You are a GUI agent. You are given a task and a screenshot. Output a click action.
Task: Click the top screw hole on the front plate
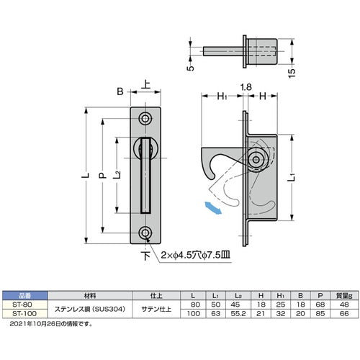point(146,118)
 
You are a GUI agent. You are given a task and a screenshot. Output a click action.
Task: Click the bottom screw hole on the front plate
point(146,233)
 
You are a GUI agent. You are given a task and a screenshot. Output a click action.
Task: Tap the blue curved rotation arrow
point(212,208)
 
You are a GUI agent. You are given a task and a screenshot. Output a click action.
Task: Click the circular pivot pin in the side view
point(256,161)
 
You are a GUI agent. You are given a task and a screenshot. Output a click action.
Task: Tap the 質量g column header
point(346,295)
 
